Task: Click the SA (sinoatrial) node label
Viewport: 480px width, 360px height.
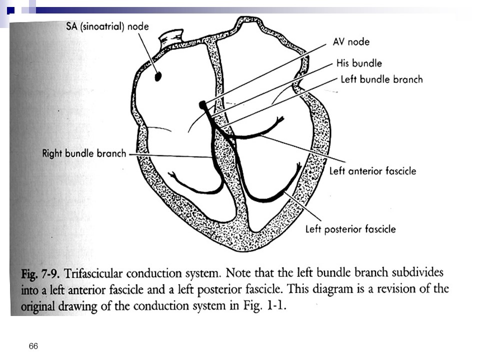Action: click(107, 26)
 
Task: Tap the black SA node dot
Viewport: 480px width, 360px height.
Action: click(158, 76)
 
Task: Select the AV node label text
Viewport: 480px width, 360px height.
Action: click(351, 41)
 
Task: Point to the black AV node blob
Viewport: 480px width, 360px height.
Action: click(202, 105)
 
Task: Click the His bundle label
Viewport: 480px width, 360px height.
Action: click(359, 63)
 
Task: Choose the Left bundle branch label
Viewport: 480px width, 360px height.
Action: click(381, 79)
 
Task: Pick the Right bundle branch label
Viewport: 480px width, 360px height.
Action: click(84, 153)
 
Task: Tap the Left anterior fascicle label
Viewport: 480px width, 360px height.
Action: click(372, 171)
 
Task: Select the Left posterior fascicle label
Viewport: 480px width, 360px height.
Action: click(350, 229)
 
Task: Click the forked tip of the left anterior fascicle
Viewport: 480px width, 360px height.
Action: click(280, 119)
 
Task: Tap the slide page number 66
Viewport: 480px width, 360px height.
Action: click(33, 346)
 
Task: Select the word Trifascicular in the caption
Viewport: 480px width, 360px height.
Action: click(94, 273)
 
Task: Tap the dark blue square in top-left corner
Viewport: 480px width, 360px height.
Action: click(10, 10)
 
